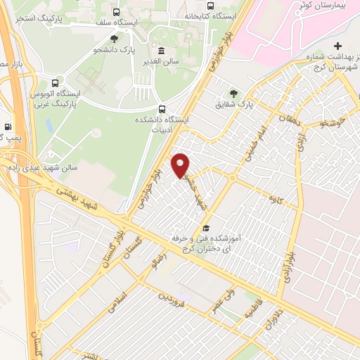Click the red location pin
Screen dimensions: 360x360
(181, 164)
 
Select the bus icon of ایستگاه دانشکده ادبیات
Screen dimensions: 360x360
(162, 109)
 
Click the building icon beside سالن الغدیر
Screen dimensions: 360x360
(162, 51)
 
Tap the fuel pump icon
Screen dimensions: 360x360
(8, 117)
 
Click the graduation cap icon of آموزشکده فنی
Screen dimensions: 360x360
(206, 228)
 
